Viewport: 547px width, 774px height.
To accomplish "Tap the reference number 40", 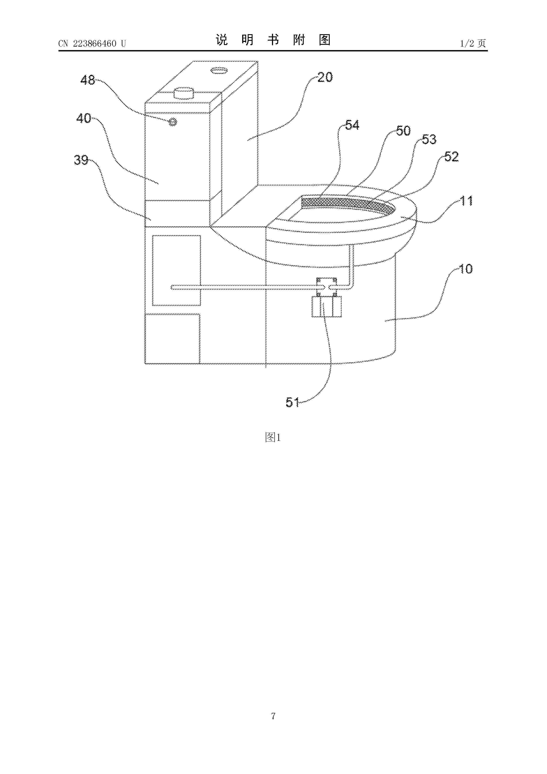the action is [x=84, y=118].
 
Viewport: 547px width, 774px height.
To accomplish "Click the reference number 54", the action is [x=352, y=125].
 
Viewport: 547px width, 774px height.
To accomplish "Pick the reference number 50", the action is [x=403, y=131].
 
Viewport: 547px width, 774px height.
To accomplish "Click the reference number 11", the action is [x=467, y=201].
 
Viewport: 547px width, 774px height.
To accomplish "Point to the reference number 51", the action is [x=292, y=402].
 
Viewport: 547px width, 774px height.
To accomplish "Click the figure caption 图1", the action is [x=273, y=438].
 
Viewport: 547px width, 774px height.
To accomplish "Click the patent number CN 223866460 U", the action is [x=92, y=43].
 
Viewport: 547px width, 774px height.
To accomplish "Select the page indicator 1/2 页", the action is [x=473, y=43].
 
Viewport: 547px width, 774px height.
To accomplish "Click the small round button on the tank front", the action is [x=172, y=122].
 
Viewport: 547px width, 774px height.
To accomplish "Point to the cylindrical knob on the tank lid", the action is [x=184, y=92].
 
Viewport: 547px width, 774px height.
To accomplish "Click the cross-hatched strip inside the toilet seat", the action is [x=347, y=204].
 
